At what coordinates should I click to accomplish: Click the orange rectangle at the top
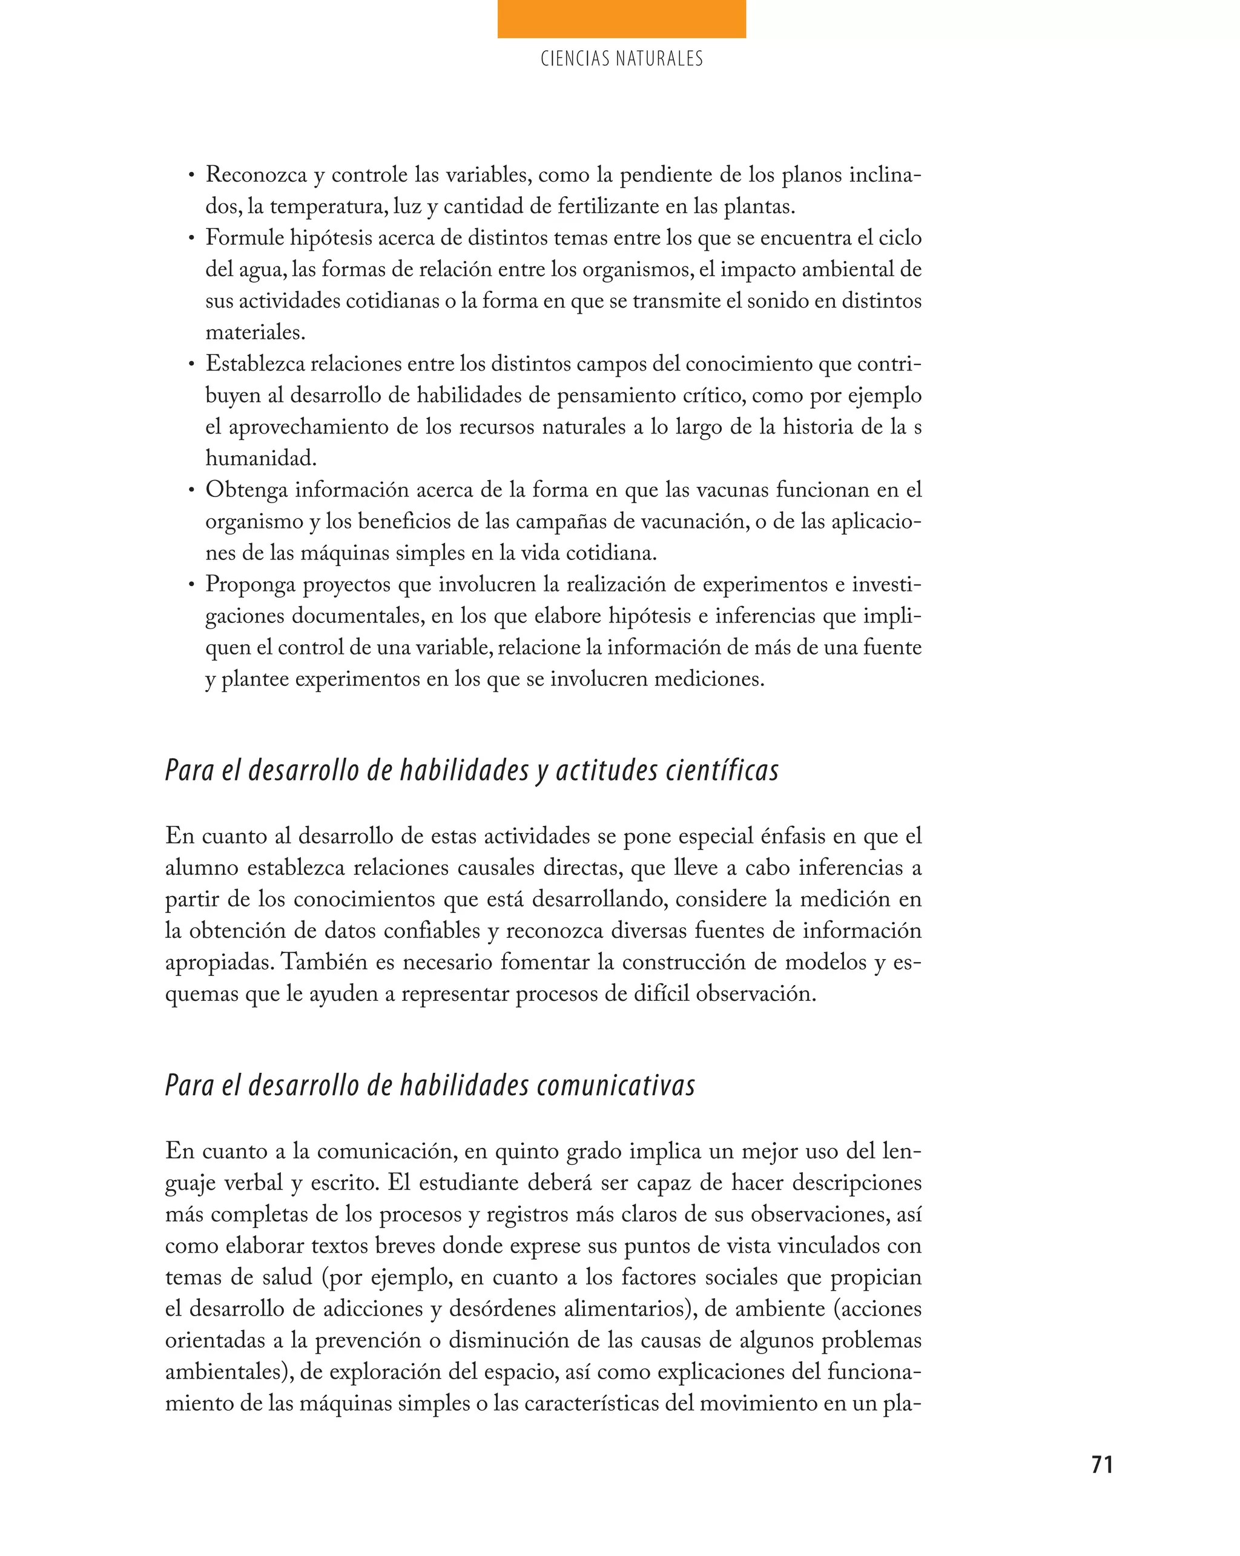coord(621,19)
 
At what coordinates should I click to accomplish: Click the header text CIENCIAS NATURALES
coord(621,59)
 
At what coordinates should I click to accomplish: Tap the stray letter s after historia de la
coord(917,427)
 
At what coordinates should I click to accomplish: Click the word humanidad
coord(260,459)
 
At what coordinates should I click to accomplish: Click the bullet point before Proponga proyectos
coord(191,585)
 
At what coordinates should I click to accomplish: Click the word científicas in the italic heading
coord(722,771)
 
